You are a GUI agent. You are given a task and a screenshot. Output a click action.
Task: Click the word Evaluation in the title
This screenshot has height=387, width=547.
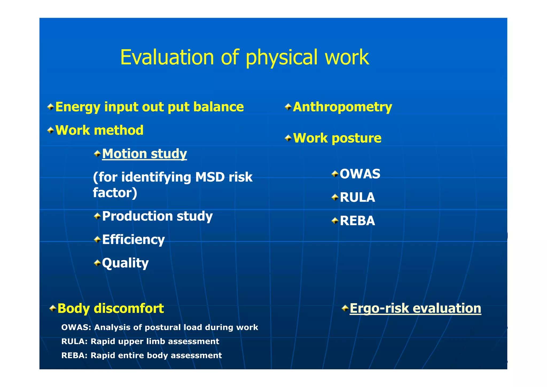tap(167, 57)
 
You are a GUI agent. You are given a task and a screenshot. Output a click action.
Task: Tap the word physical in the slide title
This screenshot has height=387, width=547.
tap(281, 57)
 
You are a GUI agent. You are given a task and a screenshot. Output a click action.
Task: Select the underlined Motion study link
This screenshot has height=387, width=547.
tap(144, 154)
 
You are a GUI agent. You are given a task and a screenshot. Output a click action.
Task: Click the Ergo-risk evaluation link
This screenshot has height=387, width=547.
tap(415, 308)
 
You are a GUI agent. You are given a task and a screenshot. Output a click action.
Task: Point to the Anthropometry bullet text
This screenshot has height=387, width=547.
tap(342, 107)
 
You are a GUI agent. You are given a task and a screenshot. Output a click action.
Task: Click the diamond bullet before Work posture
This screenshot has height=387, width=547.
tap(288, 138)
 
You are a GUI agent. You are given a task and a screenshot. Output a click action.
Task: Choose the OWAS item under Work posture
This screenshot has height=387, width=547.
tap(360, 174)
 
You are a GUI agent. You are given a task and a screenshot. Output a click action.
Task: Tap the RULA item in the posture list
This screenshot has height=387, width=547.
tap(357, 197)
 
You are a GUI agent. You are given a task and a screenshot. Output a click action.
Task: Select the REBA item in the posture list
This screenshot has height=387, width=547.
tap(357, 221)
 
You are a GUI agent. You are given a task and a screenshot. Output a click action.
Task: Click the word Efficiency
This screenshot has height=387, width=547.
tap(133, 239)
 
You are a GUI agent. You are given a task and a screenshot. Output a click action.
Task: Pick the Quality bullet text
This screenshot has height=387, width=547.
tap(125, 263)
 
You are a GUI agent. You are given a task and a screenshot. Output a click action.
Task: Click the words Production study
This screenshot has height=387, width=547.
tap(157, 216)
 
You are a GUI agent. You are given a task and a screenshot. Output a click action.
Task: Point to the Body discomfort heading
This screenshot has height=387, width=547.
tap(111, 308)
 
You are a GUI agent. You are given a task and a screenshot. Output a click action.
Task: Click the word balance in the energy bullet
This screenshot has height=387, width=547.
tap(218, 107)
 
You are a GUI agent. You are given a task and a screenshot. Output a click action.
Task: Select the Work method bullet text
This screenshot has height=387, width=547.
tap(99, 130)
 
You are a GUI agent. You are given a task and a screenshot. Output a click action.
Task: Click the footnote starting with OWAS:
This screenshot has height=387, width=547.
tap(159, 327)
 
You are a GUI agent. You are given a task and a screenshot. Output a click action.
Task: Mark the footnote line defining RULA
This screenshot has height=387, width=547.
tap(140, 342)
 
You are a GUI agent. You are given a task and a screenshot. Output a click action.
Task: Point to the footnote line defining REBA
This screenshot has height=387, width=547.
tap(141, 355)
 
